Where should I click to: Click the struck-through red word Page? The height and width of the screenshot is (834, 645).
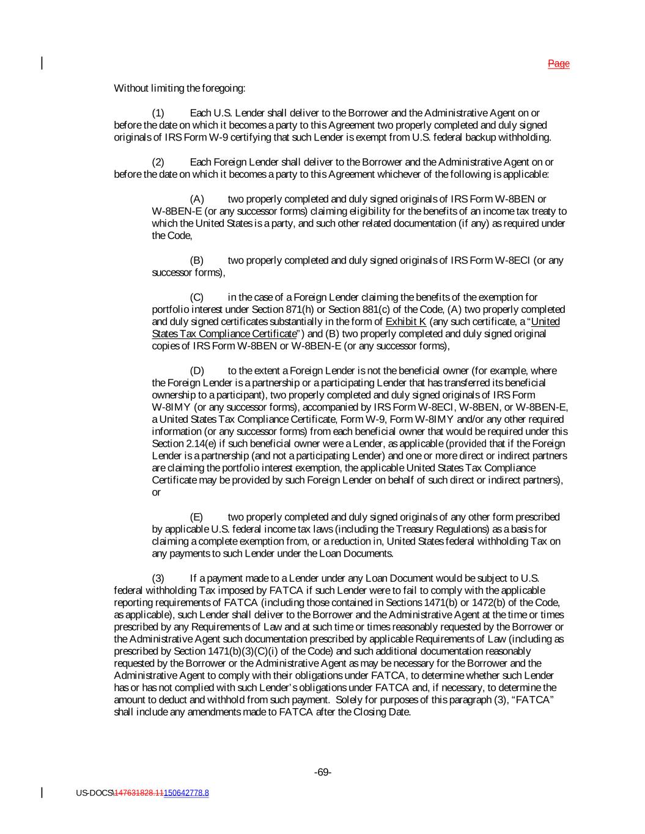(x=558, y=64)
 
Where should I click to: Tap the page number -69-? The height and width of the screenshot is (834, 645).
(x=322, y=772)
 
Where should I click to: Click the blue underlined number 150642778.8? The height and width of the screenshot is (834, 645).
(x=186, y=793)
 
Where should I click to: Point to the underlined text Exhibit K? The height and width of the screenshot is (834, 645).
(x=406, y=321)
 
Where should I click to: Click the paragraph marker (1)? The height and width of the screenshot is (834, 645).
(x=158, y=113)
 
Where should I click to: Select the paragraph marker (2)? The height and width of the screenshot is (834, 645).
(x=158, y=162)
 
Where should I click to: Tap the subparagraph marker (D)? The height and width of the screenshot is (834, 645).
(x=196, y=370)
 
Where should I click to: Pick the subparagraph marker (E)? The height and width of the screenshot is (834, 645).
(x=196, y=517)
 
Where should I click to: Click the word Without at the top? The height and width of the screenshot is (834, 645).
(x=131, y=89)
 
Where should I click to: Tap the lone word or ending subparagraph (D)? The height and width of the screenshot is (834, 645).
(x=156, y=492)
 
